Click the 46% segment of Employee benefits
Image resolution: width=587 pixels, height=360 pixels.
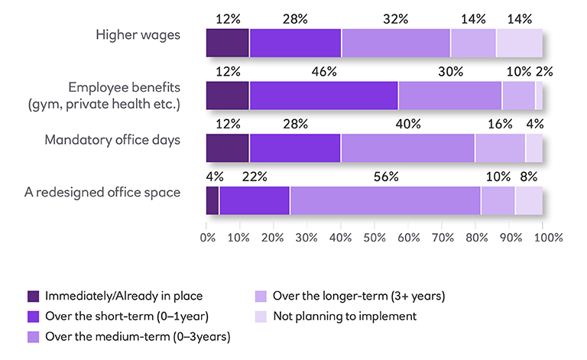click(323, 96)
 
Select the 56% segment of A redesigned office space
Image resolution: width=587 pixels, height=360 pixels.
click(385, 200)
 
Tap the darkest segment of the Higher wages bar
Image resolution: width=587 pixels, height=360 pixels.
click(228, 44)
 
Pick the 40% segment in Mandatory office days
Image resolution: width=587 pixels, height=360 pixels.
click(407, 148)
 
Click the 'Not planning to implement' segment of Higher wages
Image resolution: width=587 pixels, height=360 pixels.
click(519, 44)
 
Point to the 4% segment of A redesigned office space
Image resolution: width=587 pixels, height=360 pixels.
click(212, 200)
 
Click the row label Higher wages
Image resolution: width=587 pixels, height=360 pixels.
click(138, 34)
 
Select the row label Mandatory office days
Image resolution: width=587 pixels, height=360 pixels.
click(112, 139)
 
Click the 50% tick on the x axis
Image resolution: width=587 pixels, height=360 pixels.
click(375, 237)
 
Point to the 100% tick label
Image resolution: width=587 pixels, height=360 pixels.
click(547, 237)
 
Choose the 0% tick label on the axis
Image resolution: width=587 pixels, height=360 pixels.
click(207, 237)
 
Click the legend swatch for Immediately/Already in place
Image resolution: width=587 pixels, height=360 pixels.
click(33, 296)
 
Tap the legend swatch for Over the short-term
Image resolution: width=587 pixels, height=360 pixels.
click(33, 316)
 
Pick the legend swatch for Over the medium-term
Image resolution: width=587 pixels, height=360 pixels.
click(33, 336)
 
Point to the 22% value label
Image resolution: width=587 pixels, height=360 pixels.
click(254, 176)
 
